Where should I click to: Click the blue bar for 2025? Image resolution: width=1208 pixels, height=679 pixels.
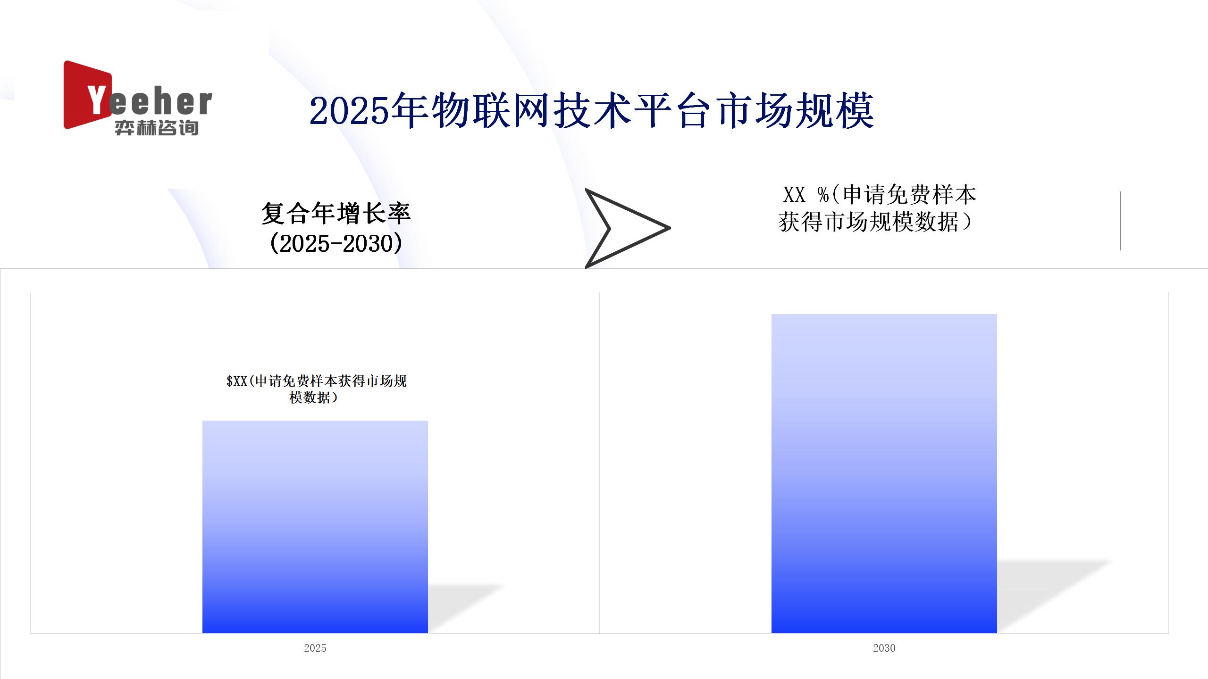315,527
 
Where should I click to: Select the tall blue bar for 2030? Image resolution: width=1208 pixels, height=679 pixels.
884,473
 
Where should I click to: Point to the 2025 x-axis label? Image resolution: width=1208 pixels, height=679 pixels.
315,648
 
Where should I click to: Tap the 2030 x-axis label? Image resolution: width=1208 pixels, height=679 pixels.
884,648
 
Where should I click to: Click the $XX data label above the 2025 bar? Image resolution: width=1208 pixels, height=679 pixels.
316,389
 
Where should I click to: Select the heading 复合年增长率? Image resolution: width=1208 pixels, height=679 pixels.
336,214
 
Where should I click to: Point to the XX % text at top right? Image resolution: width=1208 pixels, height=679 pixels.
806,195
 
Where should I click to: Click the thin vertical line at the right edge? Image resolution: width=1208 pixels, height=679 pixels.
1120,221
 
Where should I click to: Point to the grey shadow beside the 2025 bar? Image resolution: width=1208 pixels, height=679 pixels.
462,608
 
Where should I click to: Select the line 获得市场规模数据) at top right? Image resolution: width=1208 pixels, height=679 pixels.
875,222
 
